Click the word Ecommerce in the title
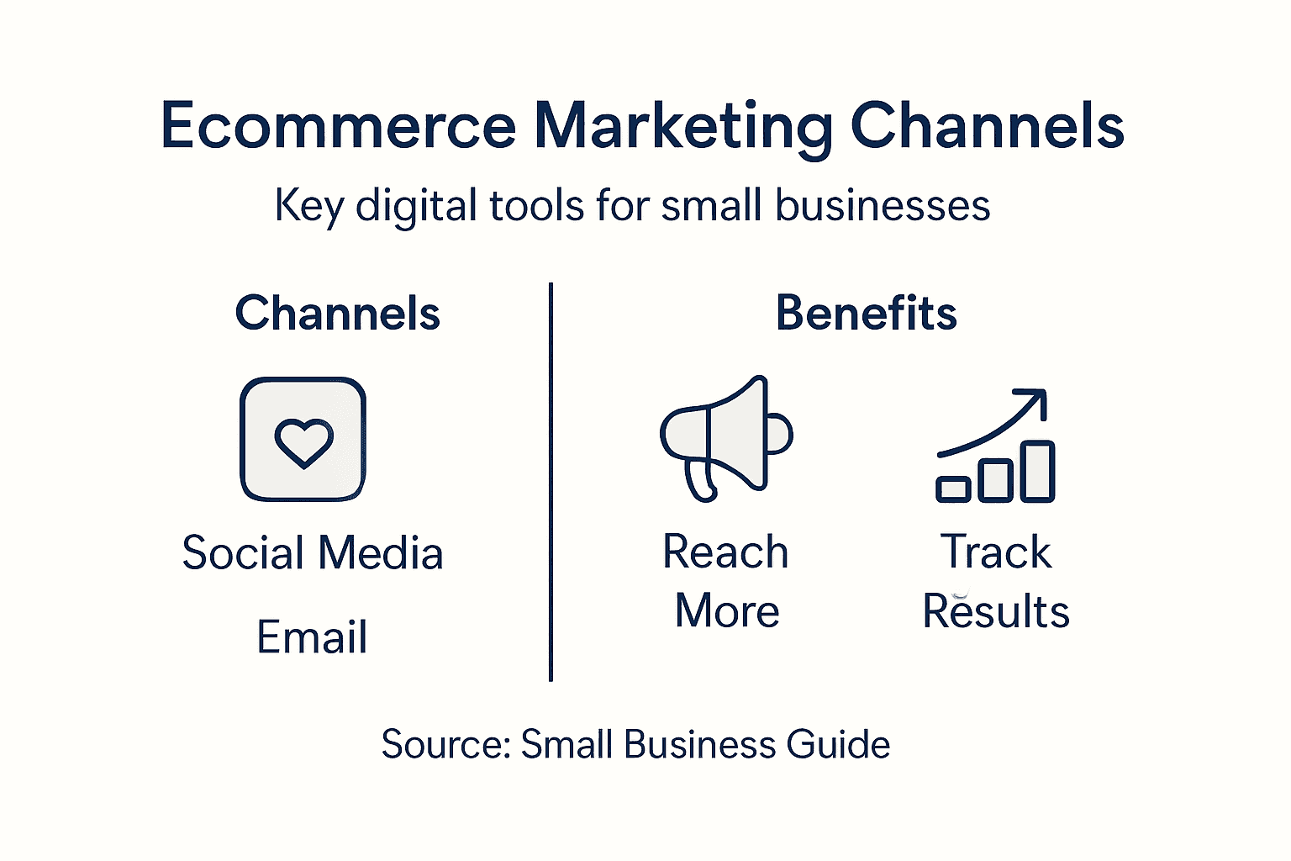click(338, 126)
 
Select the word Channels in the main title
click(987, 126)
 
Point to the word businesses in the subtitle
click(883, 206)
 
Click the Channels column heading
click(338, 314)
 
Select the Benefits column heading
click(866, 314)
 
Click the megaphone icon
click(725, 438)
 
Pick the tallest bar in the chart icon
click(1038, 471)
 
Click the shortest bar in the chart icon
click(953, 489)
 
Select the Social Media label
click(313, 553)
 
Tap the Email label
click(312, 637)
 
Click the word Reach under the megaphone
click(725, 552)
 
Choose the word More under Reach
click(727, 611)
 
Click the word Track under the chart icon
click(996, 552)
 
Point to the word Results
click(996, 611)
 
